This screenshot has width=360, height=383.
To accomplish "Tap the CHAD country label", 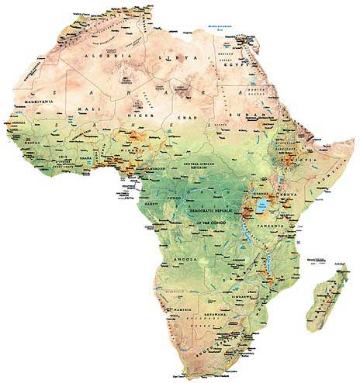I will tap(185, 116).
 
